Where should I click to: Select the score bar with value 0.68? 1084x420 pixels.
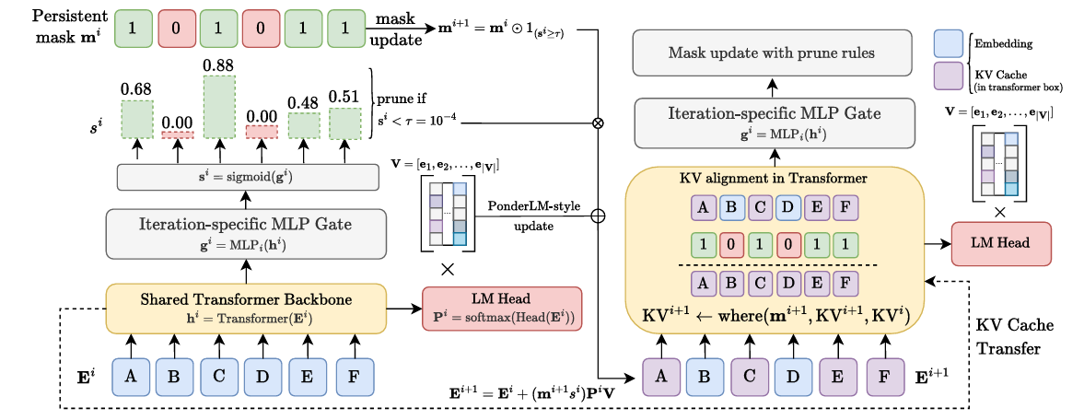pos(137,119)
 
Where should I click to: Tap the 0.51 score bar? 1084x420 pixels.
pos(345,122)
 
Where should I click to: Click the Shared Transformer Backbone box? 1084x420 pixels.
pos(247,308)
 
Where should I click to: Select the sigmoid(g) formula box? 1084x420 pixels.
pos(248,177)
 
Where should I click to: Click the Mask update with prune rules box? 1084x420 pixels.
pos(771,52)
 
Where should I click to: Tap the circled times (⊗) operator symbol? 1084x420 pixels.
pos(599,123)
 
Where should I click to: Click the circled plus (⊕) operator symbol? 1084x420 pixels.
pos(599,216)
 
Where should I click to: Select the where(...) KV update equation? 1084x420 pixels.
pos(774,316)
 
